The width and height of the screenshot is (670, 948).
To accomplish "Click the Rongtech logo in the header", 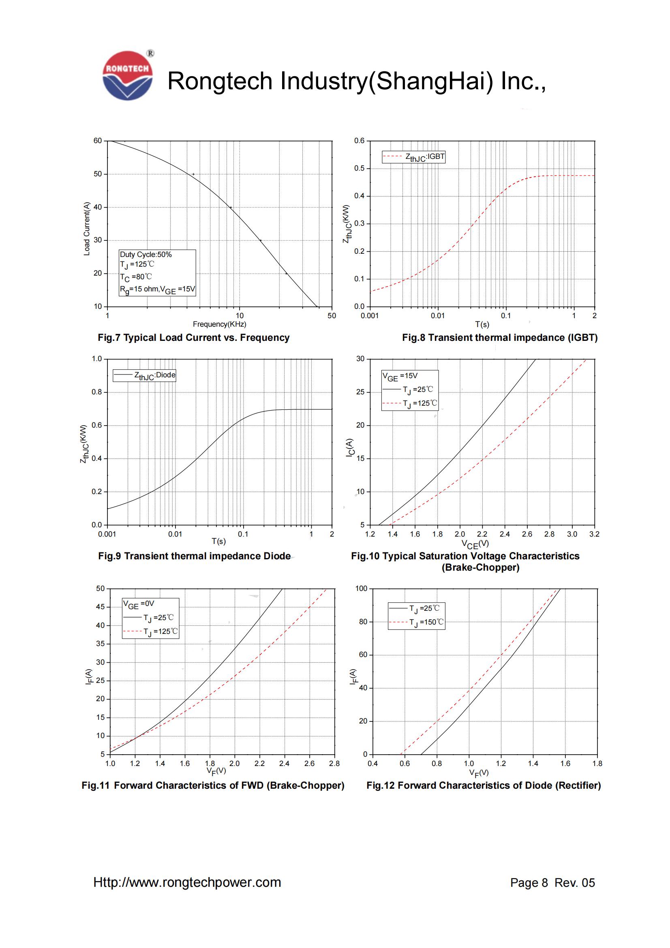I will point(128,75).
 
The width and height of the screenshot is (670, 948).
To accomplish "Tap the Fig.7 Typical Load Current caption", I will point(194,338).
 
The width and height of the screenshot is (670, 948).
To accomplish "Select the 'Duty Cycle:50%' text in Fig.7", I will point(146,255).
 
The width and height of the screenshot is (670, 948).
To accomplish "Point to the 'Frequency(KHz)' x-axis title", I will point(219,324).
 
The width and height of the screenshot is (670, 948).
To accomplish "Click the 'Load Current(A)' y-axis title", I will point(87,229).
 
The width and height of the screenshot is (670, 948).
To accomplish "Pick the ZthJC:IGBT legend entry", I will point(414,157).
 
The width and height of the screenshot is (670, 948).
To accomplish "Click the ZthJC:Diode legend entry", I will point(144,375).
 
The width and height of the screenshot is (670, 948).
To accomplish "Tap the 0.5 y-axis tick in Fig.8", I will point(359,169).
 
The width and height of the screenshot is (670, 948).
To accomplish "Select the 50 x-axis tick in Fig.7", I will point(332,316).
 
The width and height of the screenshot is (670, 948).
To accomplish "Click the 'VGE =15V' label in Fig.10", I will point(400,376).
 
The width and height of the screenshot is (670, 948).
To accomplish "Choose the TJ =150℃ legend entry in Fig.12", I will point(417,622).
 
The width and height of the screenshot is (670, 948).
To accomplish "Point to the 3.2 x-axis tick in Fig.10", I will point(594,534).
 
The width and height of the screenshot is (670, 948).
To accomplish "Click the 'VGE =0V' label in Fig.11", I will point(139,604).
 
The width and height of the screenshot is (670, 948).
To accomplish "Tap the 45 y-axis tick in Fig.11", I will point(100,607).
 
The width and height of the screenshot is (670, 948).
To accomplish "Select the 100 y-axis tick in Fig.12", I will point(361,588).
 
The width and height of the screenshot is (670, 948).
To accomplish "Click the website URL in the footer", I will point(187,882).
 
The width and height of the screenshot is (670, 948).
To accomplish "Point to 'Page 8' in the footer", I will point(529,883).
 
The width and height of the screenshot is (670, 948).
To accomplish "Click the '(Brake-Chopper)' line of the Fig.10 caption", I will point(480,567).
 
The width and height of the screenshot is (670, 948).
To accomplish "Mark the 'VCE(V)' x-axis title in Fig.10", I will point(475,544).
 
